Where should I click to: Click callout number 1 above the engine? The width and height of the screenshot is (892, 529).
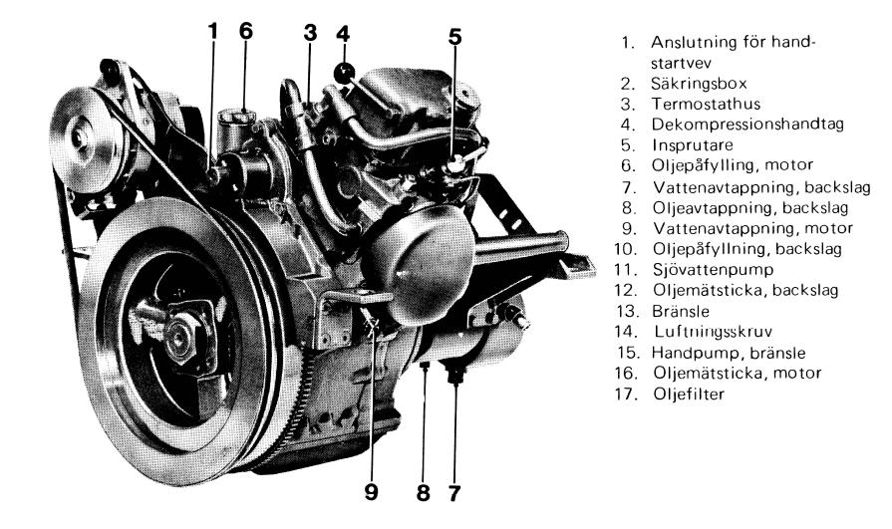(212, 32)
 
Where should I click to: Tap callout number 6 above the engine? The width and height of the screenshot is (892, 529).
(245, 31)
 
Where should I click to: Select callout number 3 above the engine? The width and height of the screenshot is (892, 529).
(310, 33)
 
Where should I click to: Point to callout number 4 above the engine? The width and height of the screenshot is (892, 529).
(343, 34)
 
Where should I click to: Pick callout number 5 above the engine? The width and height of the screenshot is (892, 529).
(455, 37)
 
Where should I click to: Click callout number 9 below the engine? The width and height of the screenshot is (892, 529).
(371, 492)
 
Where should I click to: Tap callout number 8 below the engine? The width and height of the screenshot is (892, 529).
(423, 493)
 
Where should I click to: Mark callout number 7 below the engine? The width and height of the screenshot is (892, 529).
(453, 493)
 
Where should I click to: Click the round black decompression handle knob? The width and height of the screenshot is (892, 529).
(344, 73)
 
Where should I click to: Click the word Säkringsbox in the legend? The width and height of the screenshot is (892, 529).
(700, 84)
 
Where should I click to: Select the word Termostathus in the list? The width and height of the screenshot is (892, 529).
(706, 104)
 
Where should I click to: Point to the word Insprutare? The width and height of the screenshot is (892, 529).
(693, 145)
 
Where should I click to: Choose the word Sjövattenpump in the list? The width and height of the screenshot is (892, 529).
(714, 270)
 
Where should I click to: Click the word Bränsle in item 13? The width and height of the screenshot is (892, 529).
(681, 311)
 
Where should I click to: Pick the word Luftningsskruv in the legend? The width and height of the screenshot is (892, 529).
(713, 332)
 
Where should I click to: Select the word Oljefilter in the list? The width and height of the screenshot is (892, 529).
(689, 394)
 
